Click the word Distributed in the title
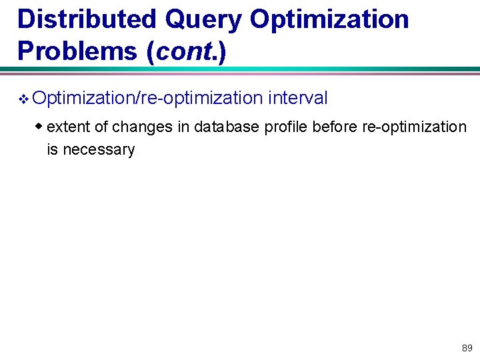point(86,19)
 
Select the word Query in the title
point(203,19)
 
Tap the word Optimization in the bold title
point(330,19)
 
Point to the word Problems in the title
point(73,51)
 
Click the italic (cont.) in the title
point(189,51)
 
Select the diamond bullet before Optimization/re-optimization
point(23,99)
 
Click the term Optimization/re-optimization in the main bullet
point(147,99)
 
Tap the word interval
point(298,99)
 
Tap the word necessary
point(97,150)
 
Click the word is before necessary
point(52,149)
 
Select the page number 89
point(467,348)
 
